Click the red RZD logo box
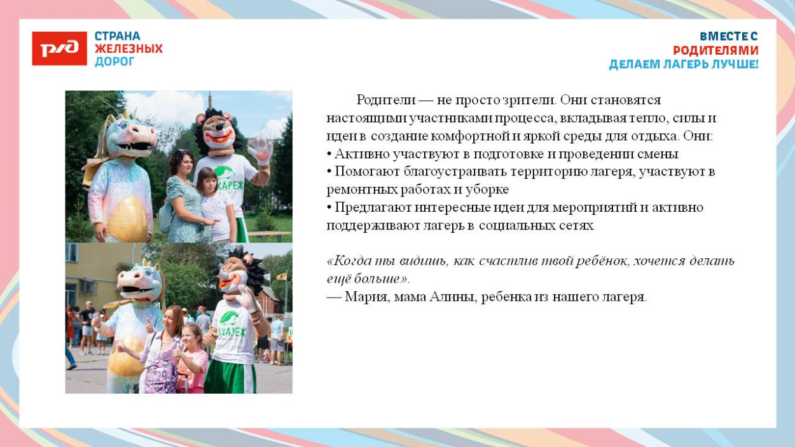point(59,48)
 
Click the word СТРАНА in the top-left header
point(117,36)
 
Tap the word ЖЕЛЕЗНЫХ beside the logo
point(128,49)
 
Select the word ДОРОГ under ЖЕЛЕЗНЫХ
point(114,62)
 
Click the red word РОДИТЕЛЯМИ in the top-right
point(715,50)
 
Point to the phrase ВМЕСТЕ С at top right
point(728,36)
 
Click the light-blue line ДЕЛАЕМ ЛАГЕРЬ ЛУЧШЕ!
point(684,64)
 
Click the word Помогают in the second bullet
point(364,172)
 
